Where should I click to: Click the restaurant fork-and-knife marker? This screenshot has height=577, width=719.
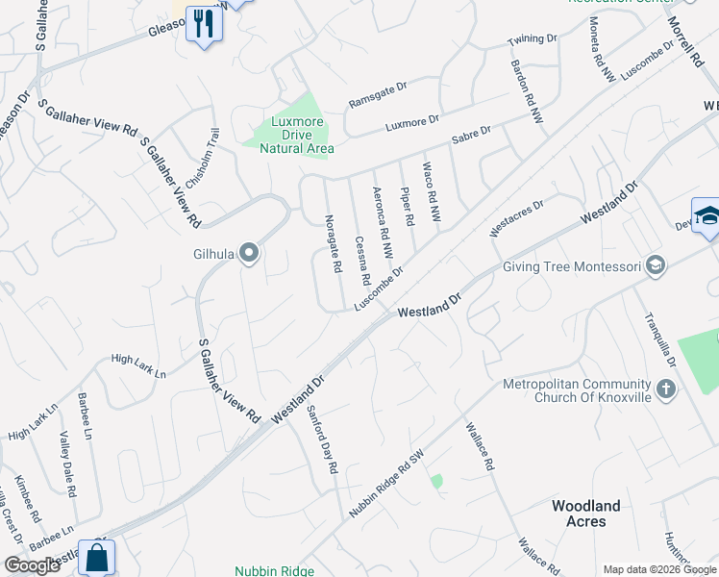point(204,24)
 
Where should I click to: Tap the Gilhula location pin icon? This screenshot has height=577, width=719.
point(249,254)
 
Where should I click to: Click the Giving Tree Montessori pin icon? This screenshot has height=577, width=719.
point(656,264)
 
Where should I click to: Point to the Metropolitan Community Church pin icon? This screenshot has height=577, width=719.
point(667,390)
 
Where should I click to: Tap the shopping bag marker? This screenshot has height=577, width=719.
point(97,557)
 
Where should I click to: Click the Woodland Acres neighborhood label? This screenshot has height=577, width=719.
point(585,514)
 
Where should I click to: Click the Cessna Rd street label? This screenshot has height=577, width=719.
point(363,261)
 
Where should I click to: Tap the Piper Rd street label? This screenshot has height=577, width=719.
point(409,206)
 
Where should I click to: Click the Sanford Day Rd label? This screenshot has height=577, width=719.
point(322,438)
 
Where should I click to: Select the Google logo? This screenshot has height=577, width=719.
point(32,565)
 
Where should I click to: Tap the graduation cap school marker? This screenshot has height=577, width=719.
point(707,217)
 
